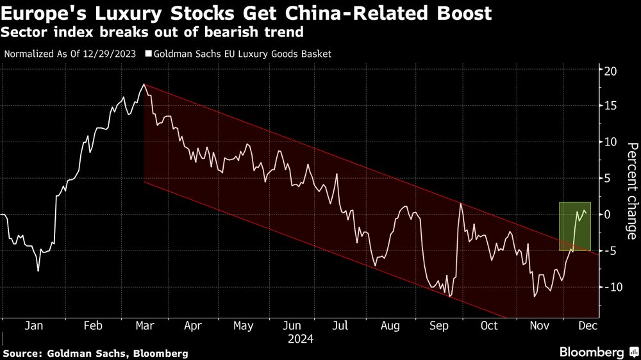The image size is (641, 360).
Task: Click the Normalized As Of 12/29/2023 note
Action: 71,54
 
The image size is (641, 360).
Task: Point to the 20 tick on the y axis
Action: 612,70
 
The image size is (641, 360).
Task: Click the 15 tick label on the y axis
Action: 612,106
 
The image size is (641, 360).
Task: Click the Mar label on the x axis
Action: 144,325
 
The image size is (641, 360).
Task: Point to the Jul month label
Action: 340,325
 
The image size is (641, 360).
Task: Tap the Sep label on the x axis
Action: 439,325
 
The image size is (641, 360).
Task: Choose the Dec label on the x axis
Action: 587,325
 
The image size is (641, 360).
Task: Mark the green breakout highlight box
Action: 574,226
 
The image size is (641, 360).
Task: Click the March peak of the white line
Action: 144,85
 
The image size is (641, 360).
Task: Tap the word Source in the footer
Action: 24,353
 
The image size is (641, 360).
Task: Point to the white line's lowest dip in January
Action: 38,271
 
